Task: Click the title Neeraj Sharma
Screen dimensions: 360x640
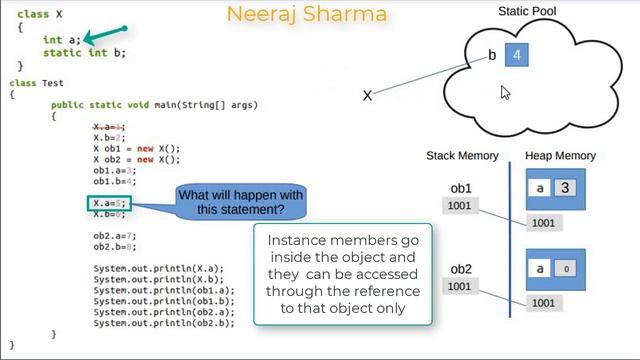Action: (x=306, y=15)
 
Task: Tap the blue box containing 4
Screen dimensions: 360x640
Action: (x=517, y=56)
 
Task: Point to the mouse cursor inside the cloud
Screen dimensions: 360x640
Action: (x=505, y=93)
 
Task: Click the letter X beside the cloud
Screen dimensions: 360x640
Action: (x=367, y=96)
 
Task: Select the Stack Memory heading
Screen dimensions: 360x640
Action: (x=462, y=156)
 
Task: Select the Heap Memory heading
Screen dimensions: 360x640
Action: (x=560, y=156)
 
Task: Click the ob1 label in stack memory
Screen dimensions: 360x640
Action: (x=461, y=188)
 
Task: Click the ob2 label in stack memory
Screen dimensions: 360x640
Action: (x=461, y=269)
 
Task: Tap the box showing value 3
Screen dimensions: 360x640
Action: (x=565, y=188)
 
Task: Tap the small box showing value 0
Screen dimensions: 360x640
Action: (x=565, y=269)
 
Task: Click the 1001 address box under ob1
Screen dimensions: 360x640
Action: (x=460, y=206)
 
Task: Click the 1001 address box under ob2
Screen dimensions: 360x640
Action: (x=460, y=287)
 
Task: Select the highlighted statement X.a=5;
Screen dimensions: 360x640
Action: (x=109, y=204)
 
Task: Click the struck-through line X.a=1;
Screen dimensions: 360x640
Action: (x=109, y=127)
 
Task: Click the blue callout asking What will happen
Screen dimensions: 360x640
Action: (x=240, y=202)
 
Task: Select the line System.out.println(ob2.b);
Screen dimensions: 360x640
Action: (x=164, y=323)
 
